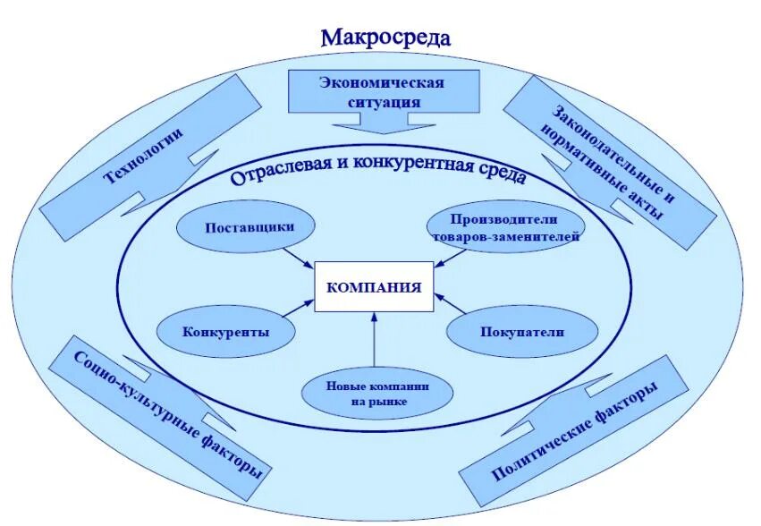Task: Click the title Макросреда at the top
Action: click(x=385, y=38)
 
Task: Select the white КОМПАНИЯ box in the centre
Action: click(x=373, y=288)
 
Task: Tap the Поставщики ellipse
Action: click(x=249, y=226)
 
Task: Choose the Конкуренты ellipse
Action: click(x=226, y=331)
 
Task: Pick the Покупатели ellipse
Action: click(x=521, y=331)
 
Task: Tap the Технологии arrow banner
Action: click(x=146, y=152)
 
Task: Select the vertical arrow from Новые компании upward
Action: click(x=374, y=343)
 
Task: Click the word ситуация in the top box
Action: click(x=384, y=102)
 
